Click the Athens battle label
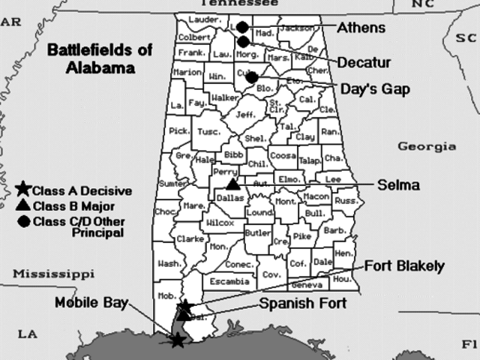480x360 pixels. (361, 28)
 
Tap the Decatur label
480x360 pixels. (363, 61)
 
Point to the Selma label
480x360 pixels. (398, 184)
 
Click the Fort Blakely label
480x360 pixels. (405, 266)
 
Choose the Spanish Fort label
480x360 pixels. (302, 303)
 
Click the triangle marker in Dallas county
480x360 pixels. (233, 184)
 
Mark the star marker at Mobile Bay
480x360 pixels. (177, 340)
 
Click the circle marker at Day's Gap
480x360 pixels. (252, 76)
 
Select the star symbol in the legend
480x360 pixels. (23, 190)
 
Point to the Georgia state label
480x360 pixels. (426, 147)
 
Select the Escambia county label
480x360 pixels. (229, 281)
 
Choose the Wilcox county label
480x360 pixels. (220, 223)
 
